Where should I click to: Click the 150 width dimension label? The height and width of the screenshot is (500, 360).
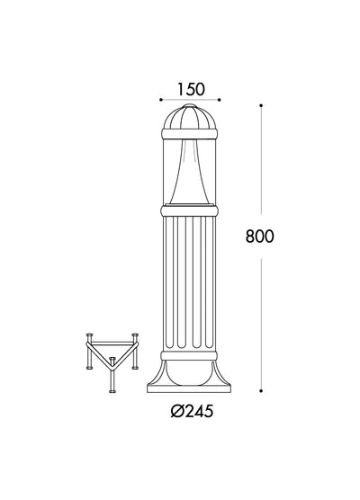tap(191, 89)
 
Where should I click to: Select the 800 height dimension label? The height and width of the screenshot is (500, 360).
tap(260, 237)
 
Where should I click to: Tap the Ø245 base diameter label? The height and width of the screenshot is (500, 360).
tap(192, 411)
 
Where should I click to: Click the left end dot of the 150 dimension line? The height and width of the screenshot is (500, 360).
tap(161, 100)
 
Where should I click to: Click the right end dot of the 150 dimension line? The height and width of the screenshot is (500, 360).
tap(220, 100)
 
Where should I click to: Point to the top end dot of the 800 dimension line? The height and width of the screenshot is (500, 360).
tap(261, 105)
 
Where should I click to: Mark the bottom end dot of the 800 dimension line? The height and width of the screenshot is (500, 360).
tap(261, 390)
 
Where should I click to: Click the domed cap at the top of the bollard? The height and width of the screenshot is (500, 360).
tap(190, 117)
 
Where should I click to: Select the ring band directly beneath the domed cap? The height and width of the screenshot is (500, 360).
tap(190, 134)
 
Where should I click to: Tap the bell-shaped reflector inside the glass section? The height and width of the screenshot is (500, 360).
tap(190, 173)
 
